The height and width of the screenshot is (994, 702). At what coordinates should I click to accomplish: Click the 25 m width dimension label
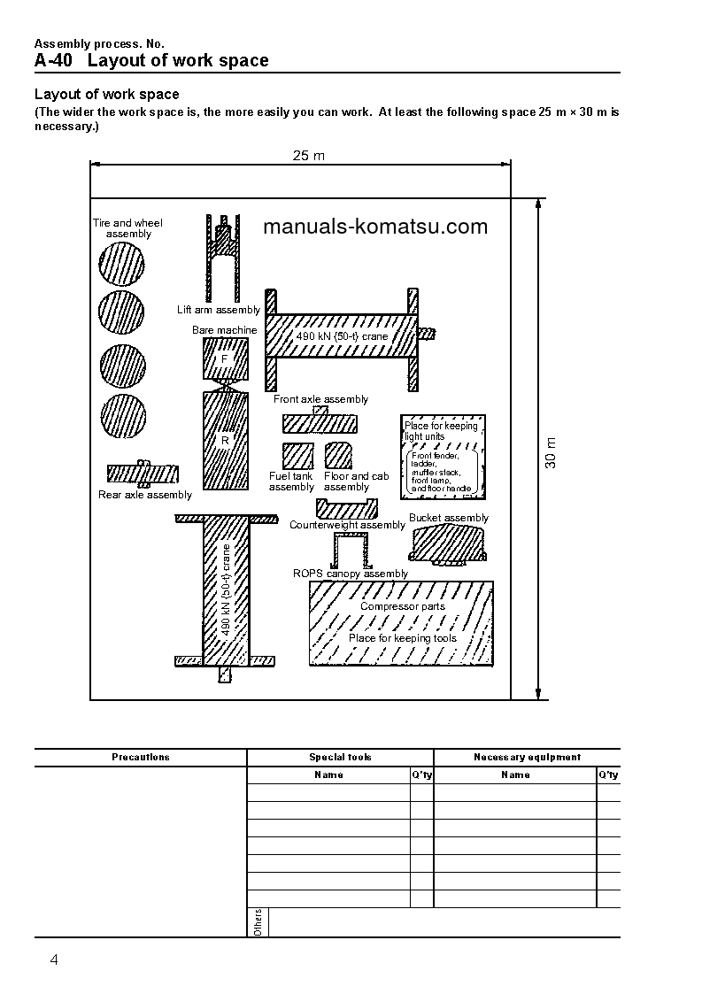click(x=309, y=156)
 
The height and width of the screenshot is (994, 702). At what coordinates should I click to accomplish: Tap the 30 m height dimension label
click(x=551, y=452)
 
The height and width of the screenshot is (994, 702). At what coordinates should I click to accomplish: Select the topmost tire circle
click(x=121, y=263)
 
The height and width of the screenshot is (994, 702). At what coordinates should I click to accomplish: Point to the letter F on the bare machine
click(x=225, y=358)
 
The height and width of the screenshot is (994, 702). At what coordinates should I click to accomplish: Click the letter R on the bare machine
click(x=225, y=439)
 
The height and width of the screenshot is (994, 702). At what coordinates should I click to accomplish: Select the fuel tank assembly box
click(x=292, y=455)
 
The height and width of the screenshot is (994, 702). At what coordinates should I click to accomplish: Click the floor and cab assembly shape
click(x=339, y=455)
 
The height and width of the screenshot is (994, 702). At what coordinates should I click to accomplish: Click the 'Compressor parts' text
click(x=403, y=606)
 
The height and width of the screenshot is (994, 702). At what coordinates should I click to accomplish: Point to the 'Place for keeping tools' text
click(x=403, y=637)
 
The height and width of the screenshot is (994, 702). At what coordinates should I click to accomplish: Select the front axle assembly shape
click(x=319, y=421)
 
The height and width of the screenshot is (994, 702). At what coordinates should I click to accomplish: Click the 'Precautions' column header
click(x=141, y=757)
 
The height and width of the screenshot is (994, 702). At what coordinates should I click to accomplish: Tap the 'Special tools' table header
click(x=340, y=757)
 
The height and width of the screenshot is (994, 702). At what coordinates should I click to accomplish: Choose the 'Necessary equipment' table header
click(x=527, y=757)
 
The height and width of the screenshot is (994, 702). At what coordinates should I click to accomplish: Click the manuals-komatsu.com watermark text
click(x=375, y=227)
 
